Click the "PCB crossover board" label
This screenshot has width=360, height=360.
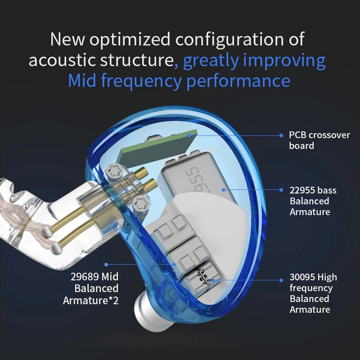click(x=319, y=140)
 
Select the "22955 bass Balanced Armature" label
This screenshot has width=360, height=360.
click(x=313, y=201)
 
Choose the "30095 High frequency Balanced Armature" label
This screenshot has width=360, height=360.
click(x=313, y=293)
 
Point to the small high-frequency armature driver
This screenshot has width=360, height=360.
click(x=204, y=275)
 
